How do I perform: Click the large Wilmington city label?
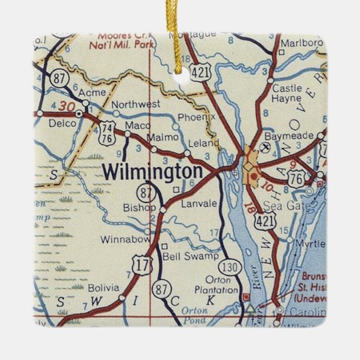[x=153, y=171]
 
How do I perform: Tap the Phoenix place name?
[x=196, y=117]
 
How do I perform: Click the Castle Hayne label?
[x=286, y=94]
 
